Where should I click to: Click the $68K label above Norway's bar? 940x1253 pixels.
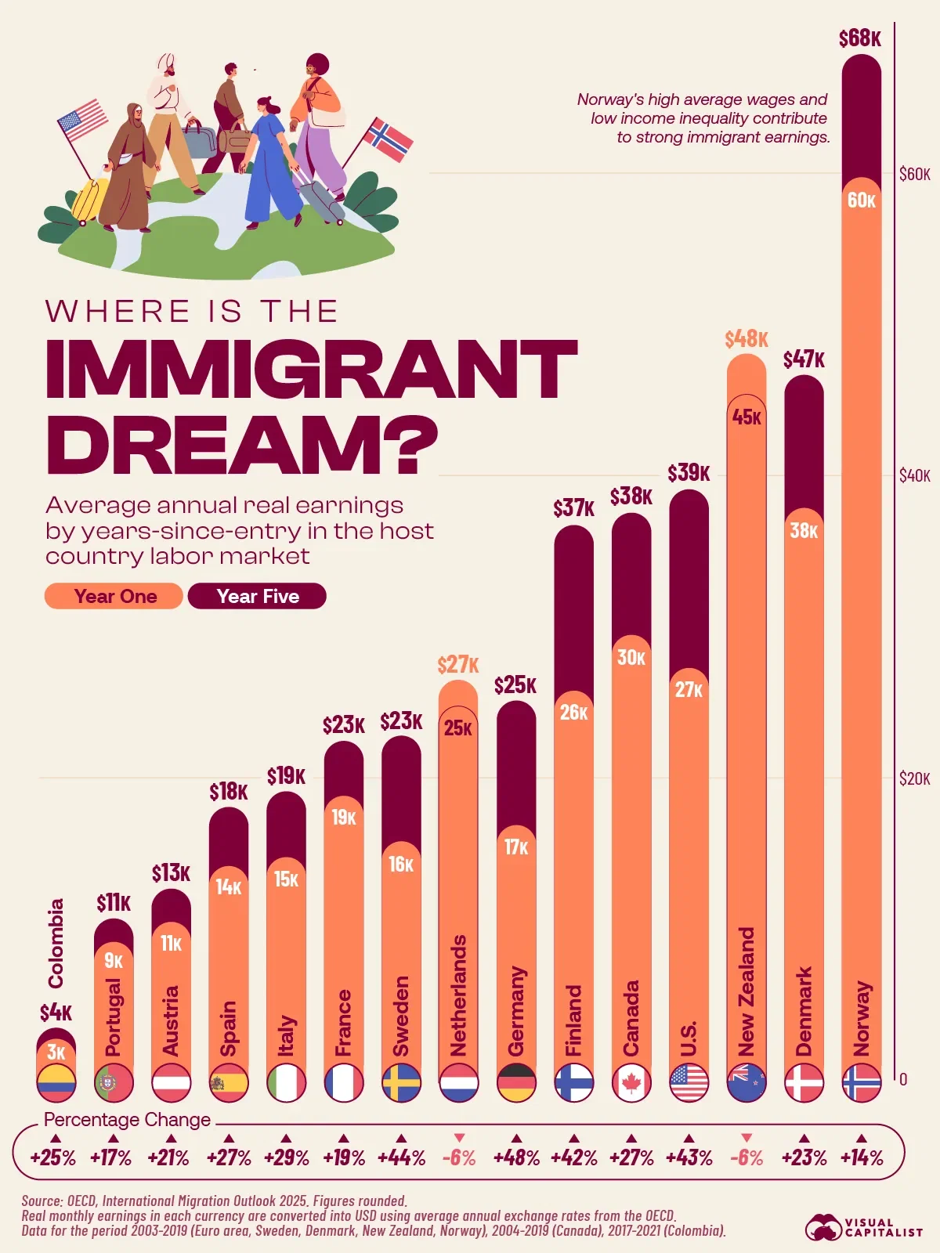coord(859,38)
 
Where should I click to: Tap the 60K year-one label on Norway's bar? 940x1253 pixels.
coord(861,200)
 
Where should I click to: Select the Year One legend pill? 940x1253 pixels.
coord(114,596)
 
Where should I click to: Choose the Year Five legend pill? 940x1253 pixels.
coord(257,596)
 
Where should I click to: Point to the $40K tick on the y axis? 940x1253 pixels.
coord(914,476)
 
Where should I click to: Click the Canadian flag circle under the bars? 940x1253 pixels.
coord(631,1083)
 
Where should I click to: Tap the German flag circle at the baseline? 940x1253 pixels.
coord(516,1083)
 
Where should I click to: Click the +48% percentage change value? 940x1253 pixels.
coord(516,1157)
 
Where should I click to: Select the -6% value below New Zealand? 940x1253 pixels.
coord(746,1157)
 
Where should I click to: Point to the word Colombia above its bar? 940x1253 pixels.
coord(56,943)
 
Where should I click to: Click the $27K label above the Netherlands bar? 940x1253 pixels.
coord(458,665)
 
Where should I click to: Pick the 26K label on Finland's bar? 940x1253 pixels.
coord(573,712)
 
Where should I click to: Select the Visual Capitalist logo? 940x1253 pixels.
coord(864,1226)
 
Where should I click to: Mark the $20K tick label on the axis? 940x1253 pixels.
coord(914,778)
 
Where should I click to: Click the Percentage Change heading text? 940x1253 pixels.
coord(127,1120)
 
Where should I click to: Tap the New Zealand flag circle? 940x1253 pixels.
coord(746,1083)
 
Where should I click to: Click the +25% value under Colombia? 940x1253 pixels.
coord(53,1157)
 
